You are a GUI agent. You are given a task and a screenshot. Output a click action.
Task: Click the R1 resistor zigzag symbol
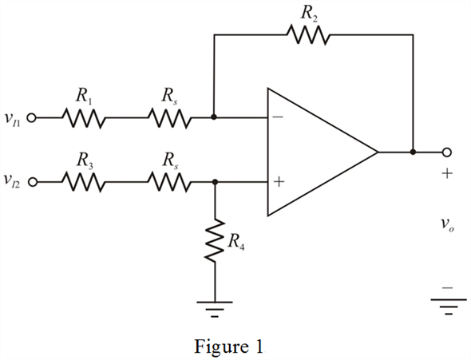(84, 118)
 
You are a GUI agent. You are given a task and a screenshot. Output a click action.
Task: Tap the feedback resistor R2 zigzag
(308, 35)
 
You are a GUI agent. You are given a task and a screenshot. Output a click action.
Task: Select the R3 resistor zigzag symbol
(84, 182)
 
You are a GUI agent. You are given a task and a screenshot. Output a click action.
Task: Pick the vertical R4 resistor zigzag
(215, 241)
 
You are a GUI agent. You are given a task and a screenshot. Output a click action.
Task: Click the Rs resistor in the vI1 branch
(169, 118)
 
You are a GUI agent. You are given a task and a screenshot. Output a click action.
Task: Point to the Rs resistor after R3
(169, 182)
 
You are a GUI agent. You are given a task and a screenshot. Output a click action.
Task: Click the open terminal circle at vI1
(31, 118)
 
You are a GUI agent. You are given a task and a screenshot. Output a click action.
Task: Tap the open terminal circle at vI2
(33, 182)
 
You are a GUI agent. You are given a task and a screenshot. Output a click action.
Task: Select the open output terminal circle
(447, 152)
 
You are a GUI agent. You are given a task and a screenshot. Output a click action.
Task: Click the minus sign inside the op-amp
(278, 117)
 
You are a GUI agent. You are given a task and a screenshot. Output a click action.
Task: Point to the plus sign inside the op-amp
(279, 182)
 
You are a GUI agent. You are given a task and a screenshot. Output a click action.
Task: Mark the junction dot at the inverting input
(214, 117)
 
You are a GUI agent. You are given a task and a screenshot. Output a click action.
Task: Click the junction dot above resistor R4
(215, 182)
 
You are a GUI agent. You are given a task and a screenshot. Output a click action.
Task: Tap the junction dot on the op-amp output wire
(413, 152)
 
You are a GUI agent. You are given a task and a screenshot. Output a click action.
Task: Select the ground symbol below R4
(215, 309)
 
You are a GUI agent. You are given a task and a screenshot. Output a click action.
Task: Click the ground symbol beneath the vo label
(449, 307)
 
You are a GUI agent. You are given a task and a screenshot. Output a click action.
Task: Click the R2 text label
(309, 14)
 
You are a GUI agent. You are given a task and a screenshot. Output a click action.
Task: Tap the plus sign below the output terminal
(447, 173)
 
